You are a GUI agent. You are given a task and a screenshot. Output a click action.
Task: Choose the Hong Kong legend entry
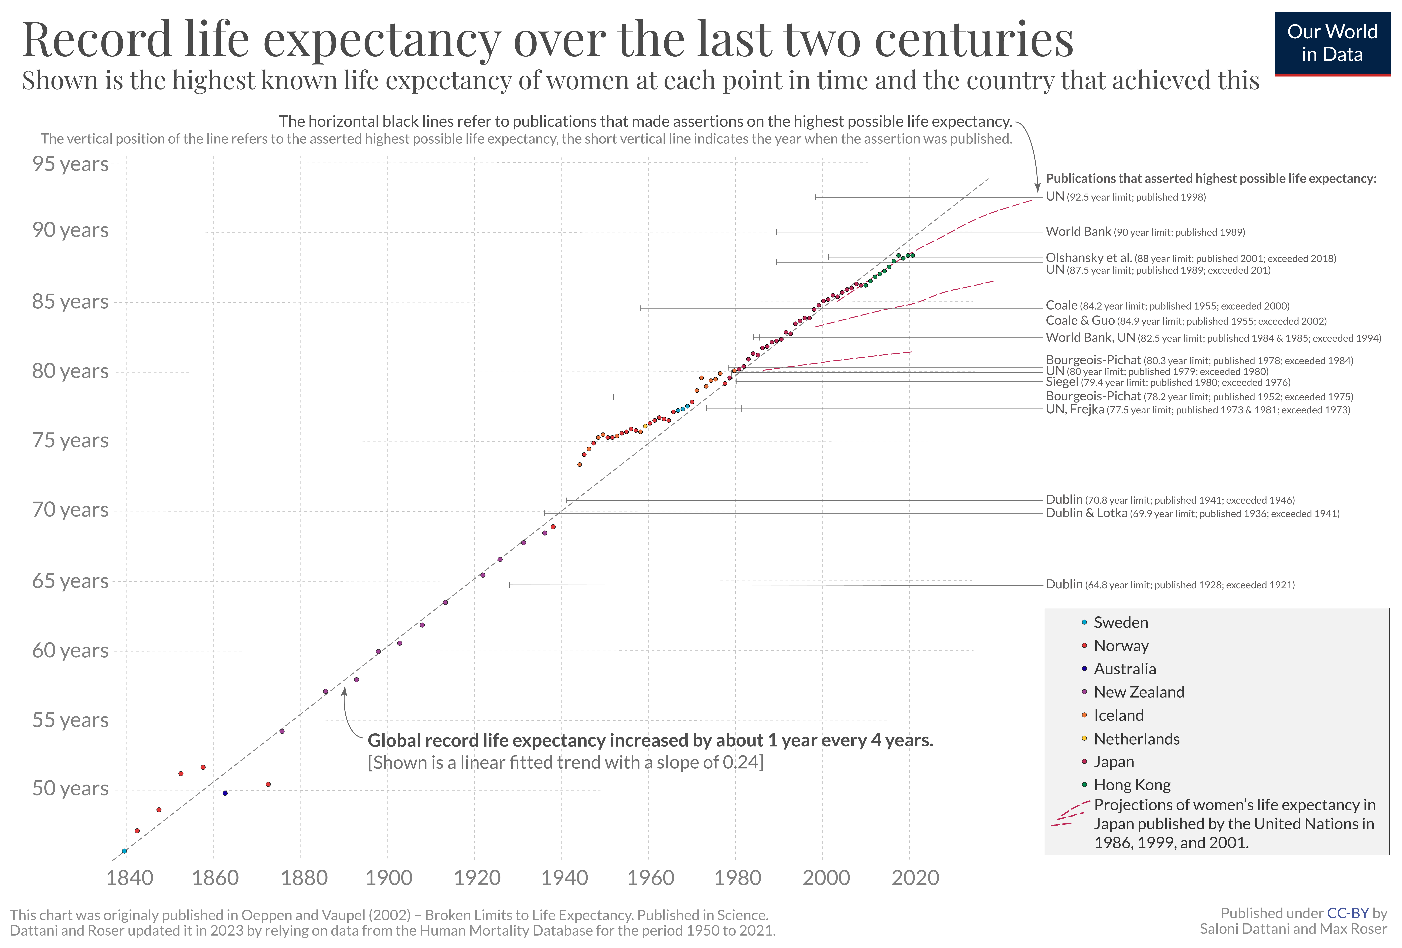[x=1132, y=785]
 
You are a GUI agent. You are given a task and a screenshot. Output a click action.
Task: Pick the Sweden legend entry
[x=1120, y=622]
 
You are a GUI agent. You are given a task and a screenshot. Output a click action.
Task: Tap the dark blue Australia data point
[x=225, y=793]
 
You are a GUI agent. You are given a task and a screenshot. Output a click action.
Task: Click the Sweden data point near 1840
[x=124, y=851]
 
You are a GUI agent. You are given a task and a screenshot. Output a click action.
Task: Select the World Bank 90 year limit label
[x=1144, y=232]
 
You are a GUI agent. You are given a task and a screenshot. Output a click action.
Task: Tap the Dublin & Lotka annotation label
[x=1192, y=513]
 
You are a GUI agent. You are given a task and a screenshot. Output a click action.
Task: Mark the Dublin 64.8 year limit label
[x=1170, y=584]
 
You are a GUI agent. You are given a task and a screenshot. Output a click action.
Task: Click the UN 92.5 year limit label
[x=1125, y=197]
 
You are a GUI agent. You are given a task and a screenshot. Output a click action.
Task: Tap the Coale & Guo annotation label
[x=1185, y=321]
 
